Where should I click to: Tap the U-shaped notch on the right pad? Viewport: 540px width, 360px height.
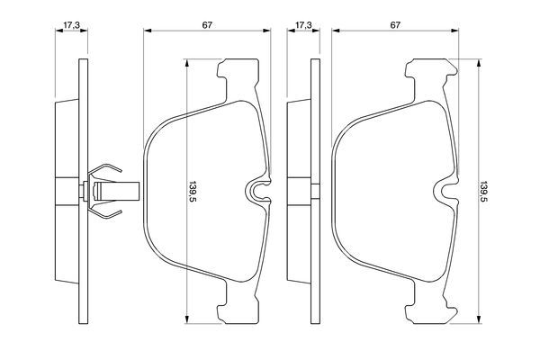coord(445,192)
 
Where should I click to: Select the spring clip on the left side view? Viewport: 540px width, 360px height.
coord(106,191)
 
